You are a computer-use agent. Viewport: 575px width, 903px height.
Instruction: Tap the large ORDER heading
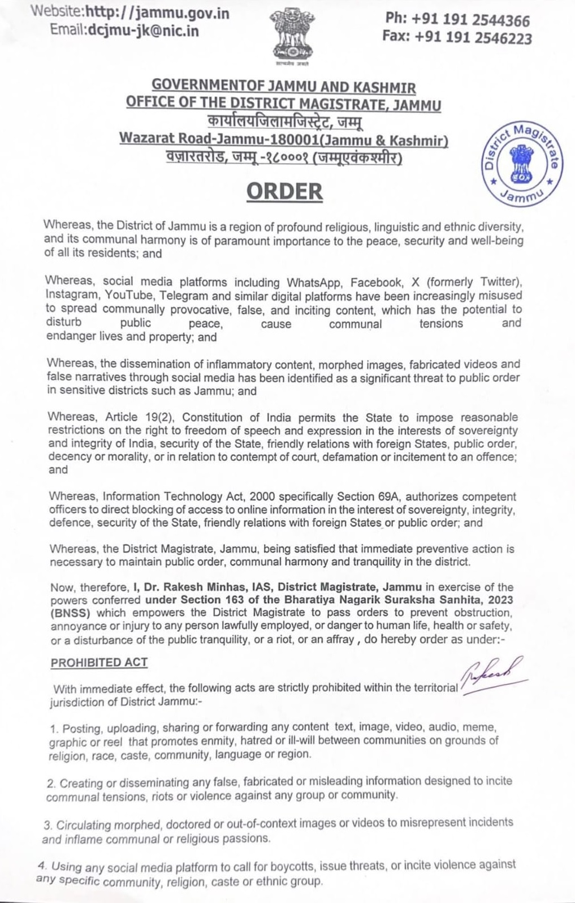coord(284,191)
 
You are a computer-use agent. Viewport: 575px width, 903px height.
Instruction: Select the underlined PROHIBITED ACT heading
coord(99,662)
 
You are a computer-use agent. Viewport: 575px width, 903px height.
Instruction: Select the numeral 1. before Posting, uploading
coord(54,728)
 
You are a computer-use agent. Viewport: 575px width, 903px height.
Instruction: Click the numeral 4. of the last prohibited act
coord(41,865)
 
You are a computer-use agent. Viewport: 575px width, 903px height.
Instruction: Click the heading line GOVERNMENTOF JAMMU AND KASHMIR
coord(284,87)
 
